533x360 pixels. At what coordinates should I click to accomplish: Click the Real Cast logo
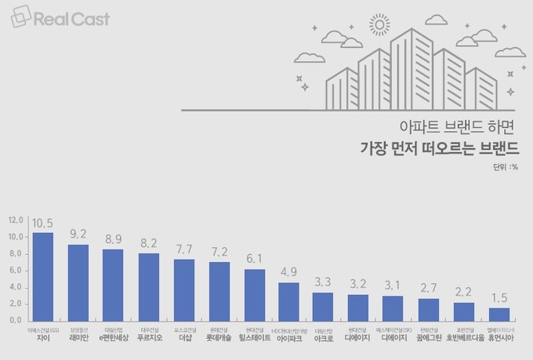[61, 18]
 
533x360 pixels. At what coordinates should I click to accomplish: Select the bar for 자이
[43, 276]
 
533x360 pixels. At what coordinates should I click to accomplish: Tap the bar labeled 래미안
[78, 282]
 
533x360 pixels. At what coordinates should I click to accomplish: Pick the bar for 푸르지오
[149, 287]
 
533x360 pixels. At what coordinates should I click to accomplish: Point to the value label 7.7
[184, 249]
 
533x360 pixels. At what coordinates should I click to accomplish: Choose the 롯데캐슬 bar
[219, 291]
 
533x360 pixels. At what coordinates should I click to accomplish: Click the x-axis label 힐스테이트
[255, 338]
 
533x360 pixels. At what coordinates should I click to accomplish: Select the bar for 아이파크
[289, 301]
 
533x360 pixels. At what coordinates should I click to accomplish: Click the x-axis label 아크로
[324, 338]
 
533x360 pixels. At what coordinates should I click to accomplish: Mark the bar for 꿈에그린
[429, 309]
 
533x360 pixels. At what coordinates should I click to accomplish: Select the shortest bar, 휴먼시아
[499, 314]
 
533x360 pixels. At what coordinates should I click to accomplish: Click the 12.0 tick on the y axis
[15, 220]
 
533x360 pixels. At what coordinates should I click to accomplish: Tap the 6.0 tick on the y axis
[15, 270]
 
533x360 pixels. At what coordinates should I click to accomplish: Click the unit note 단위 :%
[506, 166]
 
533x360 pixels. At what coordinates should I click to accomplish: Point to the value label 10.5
[43, 222]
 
